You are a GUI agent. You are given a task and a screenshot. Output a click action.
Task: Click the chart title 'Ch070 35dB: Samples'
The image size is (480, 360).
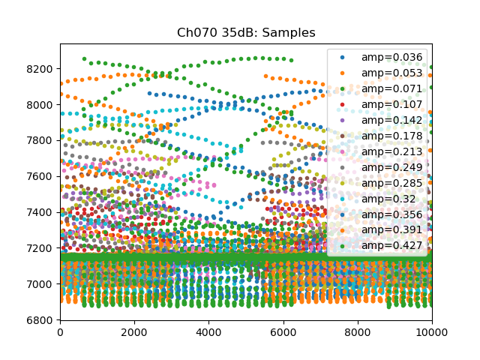point(246,33)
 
